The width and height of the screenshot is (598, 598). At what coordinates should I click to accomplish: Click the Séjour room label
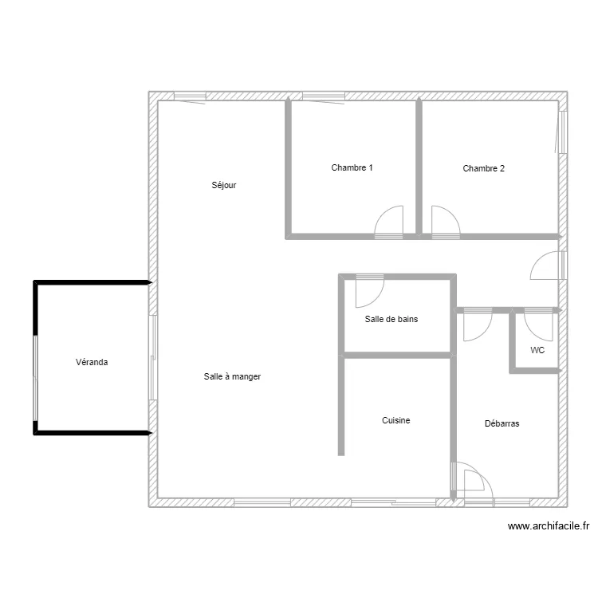224,185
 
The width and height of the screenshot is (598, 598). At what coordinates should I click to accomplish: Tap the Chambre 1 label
352,167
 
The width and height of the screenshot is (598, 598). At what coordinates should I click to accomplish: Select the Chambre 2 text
484,168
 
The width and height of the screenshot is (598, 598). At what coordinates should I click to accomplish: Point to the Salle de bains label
391,319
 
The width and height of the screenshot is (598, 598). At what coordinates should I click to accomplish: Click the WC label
537,350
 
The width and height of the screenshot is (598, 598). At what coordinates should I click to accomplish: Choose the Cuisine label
395,420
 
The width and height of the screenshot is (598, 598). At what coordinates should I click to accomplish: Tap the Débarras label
502,423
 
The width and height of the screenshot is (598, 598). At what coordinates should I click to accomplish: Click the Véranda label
92,362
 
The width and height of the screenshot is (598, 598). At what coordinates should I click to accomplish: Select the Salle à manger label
232,377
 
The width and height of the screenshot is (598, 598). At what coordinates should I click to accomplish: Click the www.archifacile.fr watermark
549,526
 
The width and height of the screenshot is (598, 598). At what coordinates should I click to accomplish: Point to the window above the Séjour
190,96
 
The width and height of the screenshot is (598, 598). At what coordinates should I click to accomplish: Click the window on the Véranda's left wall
35,378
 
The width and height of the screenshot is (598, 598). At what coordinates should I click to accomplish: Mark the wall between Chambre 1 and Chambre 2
419,167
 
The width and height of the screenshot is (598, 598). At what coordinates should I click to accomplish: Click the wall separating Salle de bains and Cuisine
397,356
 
